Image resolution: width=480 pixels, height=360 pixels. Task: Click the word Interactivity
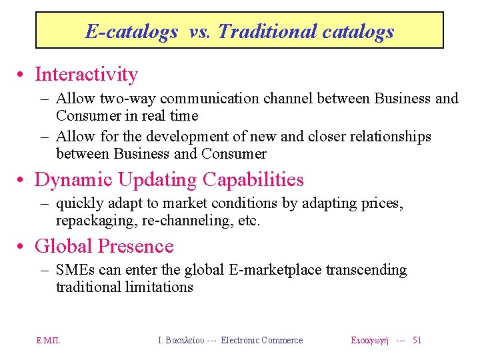click(86, 74)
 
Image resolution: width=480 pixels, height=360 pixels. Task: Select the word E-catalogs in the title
click(131, 31)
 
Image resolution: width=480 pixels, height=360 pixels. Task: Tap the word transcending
click(364, 270)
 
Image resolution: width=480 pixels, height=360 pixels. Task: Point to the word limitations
click(161, 287)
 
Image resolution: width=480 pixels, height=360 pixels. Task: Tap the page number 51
click(417, 340)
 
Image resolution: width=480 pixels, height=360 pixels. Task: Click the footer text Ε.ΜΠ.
click(49, 341)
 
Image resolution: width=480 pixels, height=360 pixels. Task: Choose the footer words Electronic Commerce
click(262, 340)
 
